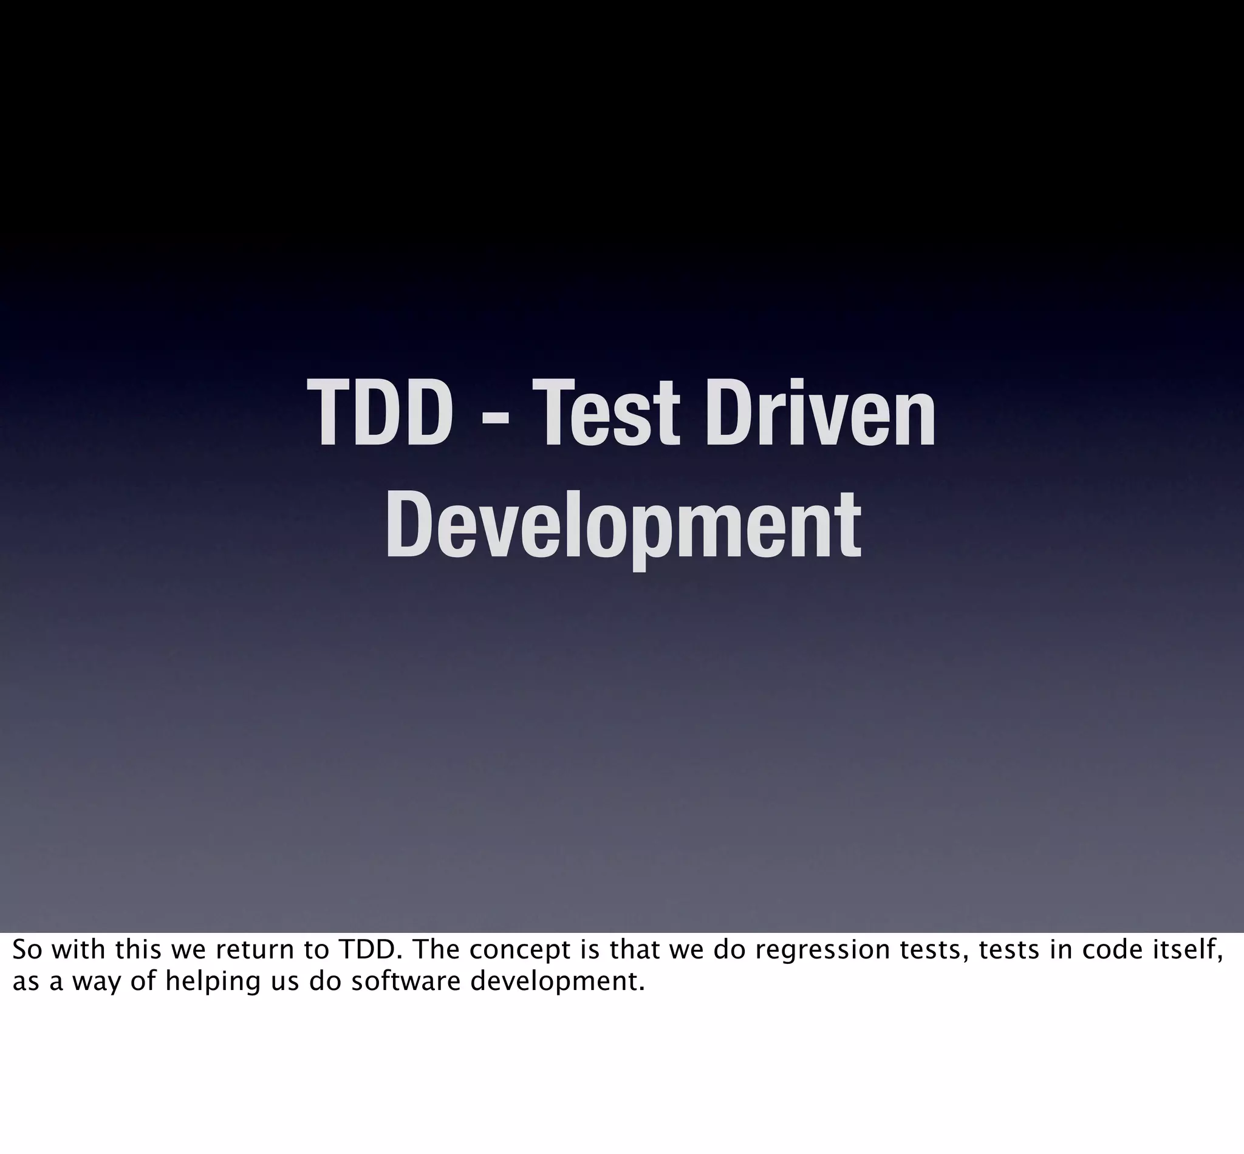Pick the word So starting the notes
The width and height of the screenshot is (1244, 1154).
point(25,950)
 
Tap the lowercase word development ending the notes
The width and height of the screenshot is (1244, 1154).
point(556,983)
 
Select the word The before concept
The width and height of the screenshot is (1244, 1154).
point(436,950)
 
